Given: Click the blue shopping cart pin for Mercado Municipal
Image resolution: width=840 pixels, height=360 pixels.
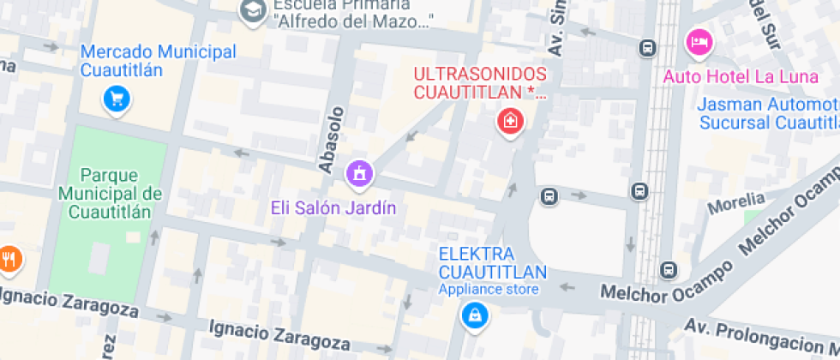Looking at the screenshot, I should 116,99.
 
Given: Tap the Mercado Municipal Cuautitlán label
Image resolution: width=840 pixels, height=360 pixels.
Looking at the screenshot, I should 158,61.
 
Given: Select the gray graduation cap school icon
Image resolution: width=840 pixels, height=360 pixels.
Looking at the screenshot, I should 252,10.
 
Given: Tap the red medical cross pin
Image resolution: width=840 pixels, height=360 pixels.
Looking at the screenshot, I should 511,121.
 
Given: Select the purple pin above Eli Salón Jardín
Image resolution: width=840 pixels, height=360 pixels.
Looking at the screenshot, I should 359,172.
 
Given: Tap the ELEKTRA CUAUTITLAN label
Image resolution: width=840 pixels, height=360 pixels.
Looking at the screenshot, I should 492,263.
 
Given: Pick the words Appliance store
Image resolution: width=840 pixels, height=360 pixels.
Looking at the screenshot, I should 489,290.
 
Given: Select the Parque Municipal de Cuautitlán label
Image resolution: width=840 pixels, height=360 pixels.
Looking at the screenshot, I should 111,193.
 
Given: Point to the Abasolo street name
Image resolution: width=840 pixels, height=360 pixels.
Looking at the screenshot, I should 332,140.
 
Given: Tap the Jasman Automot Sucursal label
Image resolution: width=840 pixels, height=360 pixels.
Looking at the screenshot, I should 768,113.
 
